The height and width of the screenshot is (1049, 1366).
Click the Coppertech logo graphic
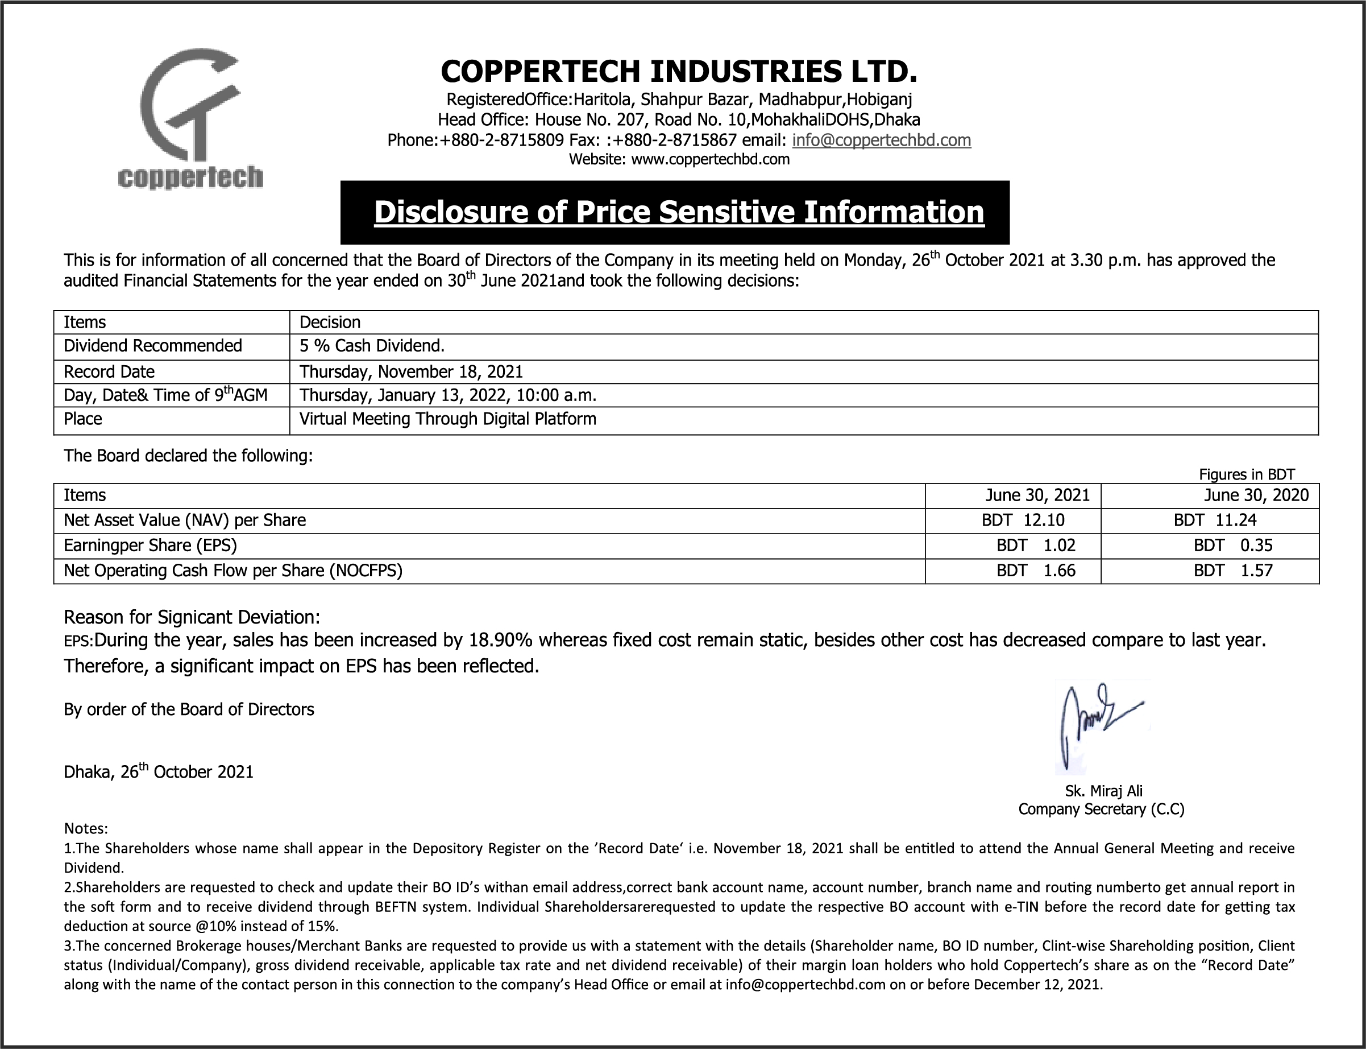(x=190, y=119)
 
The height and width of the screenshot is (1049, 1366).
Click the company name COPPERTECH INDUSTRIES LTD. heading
(x=679, y=71)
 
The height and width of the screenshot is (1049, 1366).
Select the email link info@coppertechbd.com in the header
(x=881, y=140)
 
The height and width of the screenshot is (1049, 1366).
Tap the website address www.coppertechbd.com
(x=710, y=159)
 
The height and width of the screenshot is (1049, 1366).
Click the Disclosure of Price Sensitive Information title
(x=679, y=212)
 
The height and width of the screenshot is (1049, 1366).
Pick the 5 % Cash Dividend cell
(x=372, y=345)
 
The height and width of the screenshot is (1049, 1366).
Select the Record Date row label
(x=109, y=371)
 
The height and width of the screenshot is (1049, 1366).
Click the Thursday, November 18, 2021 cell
(x=411, y=371)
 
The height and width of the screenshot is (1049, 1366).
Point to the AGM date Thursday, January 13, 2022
(x=447, y=395)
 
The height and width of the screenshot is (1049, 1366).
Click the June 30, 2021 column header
(x=1037, y=495)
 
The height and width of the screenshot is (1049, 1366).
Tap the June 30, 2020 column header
(x=1256, y=495)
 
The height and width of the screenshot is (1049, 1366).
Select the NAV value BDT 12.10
(x=1023, y=520)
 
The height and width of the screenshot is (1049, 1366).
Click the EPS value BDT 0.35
(x=1232, y=545)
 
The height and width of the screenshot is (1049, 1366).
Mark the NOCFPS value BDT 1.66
(x=1036, y=570)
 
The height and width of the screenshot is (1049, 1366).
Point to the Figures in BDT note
(x=1246, y=474)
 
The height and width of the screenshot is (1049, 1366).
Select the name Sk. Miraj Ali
(x=1103, y=791)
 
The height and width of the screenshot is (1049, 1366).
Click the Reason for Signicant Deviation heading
(x=192, y=617)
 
